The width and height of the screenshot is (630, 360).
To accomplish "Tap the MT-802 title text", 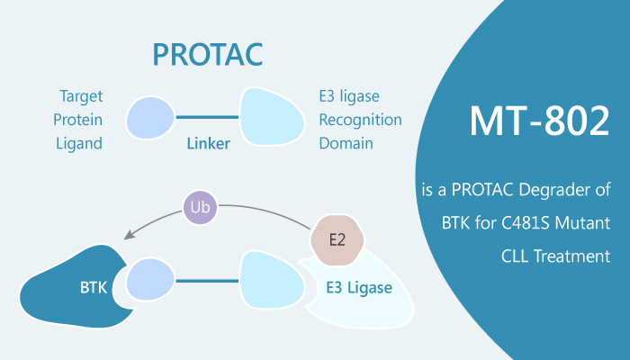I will point(526,121).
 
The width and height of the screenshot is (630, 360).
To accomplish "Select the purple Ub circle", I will point(200,209).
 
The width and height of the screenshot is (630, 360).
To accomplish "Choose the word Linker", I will point(208,144).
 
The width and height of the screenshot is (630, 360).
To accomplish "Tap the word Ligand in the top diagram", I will point(79,144).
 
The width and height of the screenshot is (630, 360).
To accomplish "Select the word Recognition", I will point(359,119).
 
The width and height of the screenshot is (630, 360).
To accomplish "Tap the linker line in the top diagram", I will point(208,118).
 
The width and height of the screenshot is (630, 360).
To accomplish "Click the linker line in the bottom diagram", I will point(208,280).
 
